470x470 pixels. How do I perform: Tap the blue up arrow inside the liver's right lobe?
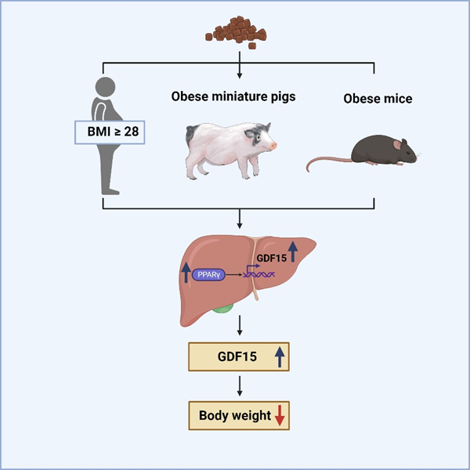coord(293,251)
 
